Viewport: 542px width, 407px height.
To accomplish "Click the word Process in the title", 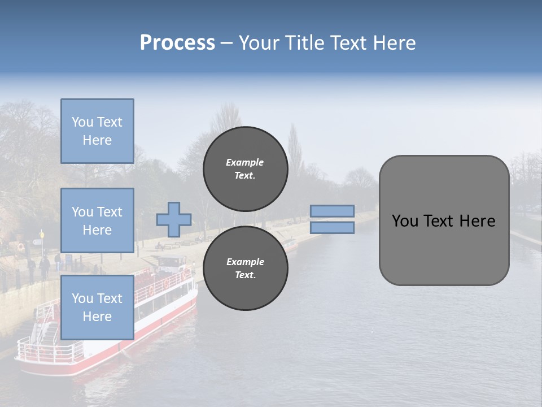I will [x=177, y=43].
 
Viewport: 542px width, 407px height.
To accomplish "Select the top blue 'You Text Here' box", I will [x=97, y=131].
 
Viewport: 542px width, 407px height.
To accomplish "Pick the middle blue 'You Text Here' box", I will [x=97, y=220].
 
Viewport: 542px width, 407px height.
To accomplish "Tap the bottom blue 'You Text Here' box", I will [x=97, y=308].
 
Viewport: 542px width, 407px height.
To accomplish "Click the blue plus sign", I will [x=174, y=220].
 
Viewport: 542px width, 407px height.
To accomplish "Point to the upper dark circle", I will [x=245, y=169].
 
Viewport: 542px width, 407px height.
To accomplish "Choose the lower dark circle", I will [x=245, y=269].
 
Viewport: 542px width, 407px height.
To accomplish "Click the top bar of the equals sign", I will [x=332, y=211].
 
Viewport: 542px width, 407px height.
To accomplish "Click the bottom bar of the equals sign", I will [x=332, y=227].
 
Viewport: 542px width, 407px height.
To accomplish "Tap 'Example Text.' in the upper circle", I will [x=245, y=169].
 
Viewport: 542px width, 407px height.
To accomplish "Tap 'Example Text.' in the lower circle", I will [x=245, y=269].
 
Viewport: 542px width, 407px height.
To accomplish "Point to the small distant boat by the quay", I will [x=289, y=244].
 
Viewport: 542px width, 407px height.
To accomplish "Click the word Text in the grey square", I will [x=443, y=221].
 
